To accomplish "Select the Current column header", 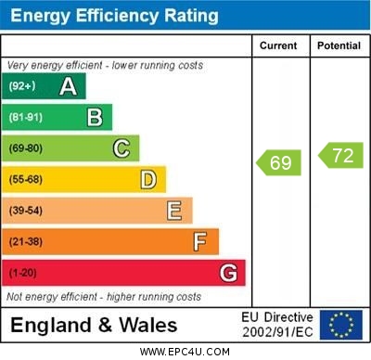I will click(x=278, y=45).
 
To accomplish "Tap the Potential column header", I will click(x=339, y=45).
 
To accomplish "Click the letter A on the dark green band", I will click(x=68, y=86).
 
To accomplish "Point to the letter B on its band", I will click(x=95, y=117).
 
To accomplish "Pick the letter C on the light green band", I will click(x=122, y=148).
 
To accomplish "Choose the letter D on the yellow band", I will click(x=148, y=179).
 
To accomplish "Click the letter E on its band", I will click(x=174, y=211).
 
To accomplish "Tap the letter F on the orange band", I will click(x=200, y=242).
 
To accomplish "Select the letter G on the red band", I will click(x=228, y=273).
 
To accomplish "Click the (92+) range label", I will click(x=23, y=87).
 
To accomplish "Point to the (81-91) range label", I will click(x=26, y=118).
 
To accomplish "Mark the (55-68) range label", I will click(x=26, y=180).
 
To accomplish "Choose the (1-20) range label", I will click(x=23, y=274).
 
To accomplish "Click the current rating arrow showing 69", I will click(x=278, y=163).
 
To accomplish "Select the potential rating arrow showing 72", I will click(x=340, y=155).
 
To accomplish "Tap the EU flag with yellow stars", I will click(x=341, y=325).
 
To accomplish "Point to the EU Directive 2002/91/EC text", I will click(x=277, y=325).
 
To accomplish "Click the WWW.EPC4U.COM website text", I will click(x=185, y=352).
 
